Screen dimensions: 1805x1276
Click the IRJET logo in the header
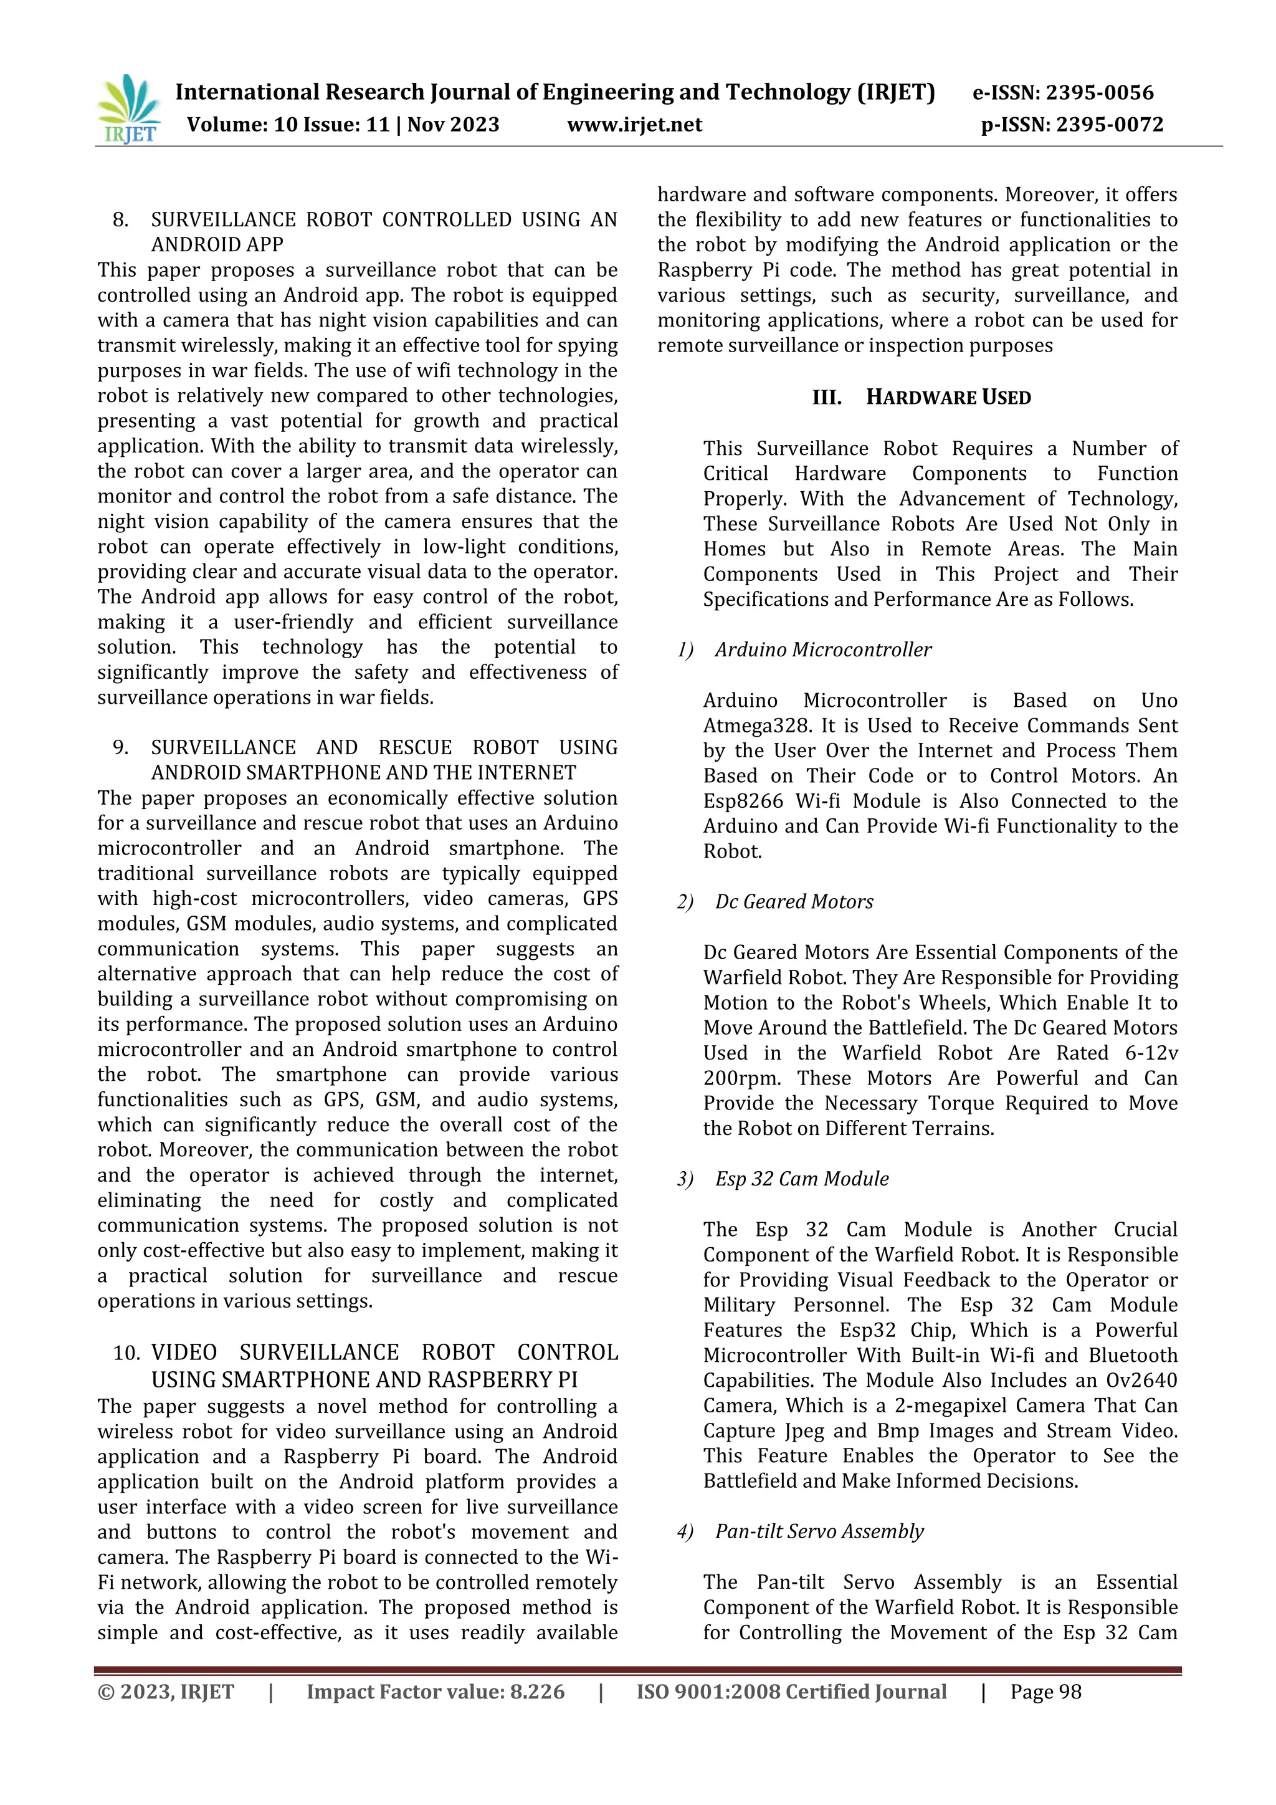point(128,108)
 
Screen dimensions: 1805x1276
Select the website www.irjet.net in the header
point(634,125)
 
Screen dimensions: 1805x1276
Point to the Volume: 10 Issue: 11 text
point(288,125)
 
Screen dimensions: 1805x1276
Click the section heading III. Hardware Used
point(921,397)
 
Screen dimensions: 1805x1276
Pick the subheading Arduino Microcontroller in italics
point(822,649)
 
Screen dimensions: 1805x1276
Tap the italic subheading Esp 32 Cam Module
point(801,1179)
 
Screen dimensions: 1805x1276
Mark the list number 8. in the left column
point(120,219)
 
